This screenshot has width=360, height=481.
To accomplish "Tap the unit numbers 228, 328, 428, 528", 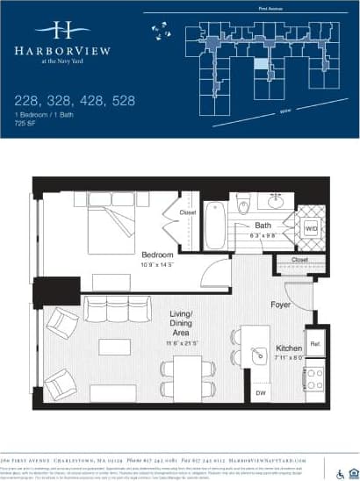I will tap(76, 102).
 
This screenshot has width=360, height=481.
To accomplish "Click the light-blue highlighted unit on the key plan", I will tap(261, 63).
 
